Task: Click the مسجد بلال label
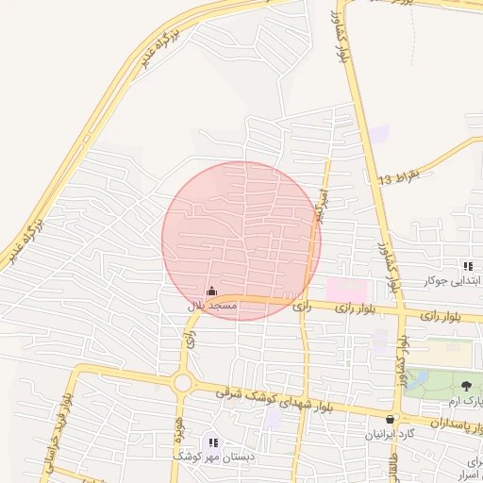tap(210, 307)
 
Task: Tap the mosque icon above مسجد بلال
tap(210, 291)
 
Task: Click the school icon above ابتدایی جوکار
tap(468, 267)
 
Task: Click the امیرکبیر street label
tap(323, 206)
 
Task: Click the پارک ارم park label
tap(465, 401)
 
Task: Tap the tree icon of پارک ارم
tap(467, 385)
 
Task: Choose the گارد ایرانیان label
tap(390, 436)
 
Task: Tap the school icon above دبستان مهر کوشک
tap(213, 441)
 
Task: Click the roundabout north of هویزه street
tap(182, 383)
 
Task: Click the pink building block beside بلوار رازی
tap(346, 289)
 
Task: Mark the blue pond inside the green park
tap(421, 379)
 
